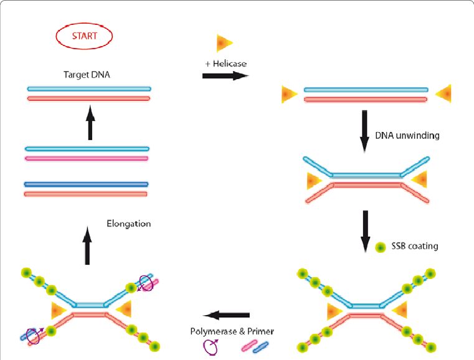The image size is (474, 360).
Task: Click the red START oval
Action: tap(84, 36)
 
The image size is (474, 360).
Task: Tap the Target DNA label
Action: tap(87, 75)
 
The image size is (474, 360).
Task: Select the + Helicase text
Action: tap(225, 64)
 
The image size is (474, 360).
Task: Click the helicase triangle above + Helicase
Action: tap(224, 43)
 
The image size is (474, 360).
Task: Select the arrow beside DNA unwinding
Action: tap(365, 131)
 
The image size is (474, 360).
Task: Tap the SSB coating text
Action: tap(414, 246)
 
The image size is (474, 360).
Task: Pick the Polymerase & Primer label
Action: tap(232, 331)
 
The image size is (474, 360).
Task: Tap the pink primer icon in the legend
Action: tap(249, 345)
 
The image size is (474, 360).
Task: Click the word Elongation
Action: tap(128, 224)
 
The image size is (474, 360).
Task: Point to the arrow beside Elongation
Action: tap(87, 245)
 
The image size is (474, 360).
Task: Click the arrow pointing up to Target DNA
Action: tap(90, 122)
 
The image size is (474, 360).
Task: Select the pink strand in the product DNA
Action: tap(87, 158)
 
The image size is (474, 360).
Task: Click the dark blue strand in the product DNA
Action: tap(86, 184)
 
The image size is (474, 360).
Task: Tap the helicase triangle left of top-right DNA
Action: tap(289, 94)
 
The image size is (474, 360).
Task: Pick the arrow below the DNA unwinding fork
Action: tap(365, 230)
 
